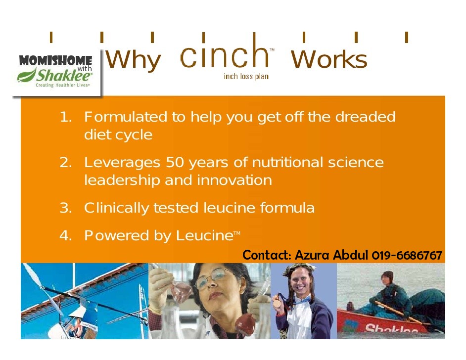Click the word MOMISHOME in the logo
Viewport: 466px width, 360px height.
click(x=55, y=60)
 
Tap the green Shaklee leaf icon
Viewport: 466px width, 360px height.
click(x=27, y=75)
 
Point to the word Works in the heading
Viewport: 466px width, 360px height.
click(x=329, y=59)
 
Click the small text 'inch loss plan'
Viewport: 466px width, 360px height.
click(x=246, y=76)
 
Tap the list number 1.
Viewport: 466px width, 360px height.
click(x=66, y=117)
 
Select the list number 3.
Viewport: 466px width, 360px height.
click(x=66, y=208)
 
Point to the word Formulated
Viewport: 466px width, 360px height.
click(x=126, y=117)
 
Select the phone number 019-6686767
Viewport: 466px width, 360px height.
click(x=407, y=256)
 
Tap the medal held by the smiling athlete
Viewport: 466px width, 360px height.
click(x=277, y=303)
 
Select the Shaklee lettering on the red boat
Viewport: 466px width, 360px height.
click(x=391, y=328)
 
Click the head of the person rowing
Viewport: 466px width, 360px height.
click(x=387, y=278)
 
